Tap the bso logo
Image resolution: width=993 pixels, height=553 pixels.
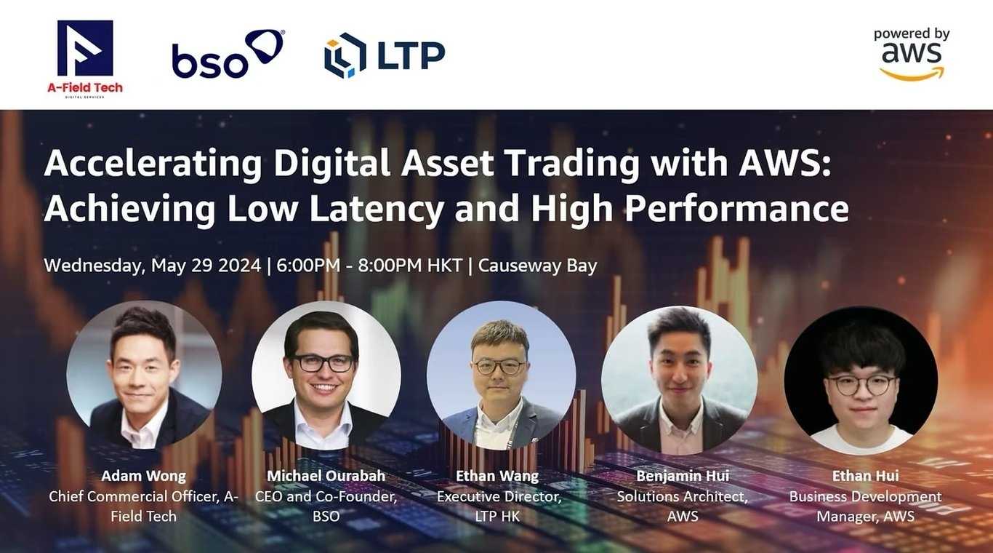[227, 54]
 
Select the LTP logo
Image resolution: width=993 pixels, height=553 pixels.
[385, 55]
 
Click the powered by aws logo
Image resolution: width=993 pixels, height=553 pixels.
[912, 54]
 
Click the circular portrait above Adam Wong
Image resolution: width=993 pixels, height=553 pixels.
[144, 375]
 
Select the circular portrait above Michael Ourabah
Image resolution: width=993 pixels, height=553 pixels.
[326, 375]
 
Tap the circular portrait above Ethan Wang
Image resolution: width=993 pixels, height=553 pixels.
[501, 375]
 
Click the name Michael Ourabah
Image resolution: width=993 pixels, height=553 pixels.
[326, 476]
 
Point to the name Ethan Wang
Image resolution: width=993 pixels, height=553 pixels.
[497, 476]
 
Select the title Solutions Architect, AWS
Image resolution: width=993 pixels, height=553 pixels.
[682, 506]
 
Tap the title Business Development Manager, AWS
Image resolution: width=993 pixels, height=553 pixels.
[865, 506]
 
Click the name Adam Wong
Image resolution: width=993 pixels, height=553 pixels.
[143, 476]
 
